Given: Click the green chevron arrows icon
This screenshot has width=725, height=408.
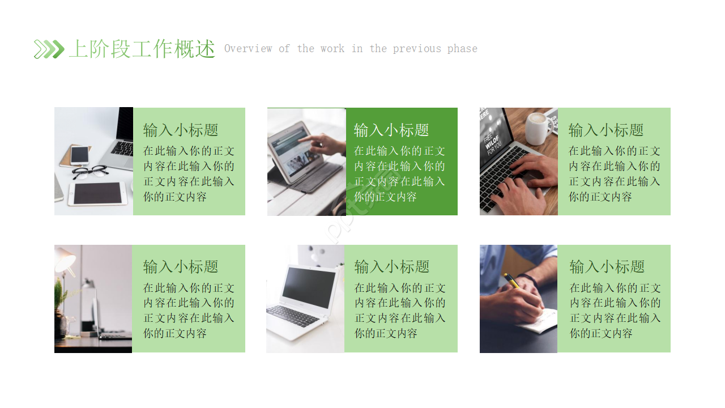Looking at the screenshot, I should pyautogui.click(x=49, y=49).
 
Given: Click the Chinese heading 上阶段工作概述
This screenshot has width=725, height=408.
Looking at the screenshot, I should pyautogui.click(x=142, y=49).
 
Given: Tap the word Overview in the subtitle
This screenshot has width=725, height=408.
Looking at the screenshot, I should pyautogui.click(x=248, y=49).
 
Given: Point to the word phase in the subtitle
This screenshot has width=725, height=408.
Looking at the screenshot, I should pyautogui.click(x=462, y=49).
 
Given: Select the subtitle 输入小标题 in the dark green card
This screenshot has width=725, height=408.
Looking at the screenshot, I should pyautogui.click(x=391, y=130).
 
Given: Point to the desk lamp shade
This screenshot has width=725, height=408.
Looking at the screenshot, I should pyautogui.click(x=65, y=260).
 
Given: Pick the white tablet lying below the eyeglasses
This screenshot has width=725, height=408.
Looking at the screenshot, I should pyautogui.click(x=97, y=193).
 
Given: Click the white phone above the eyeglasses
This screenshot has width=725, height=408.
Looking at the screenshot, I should pyautogui.click(x=80, y=154).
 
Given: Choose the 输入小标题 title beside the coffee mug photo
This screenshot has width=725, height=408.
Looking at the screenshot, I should pyautogui.click(x=606, y=130).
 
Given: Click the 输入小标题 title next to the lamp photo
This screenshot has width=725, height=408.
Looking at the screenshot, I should pyautogui.click(x=181, y=266).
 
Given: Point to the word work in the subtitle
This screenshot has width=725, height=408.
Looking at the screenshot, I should pyautogui.click(x=332, y=49).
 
